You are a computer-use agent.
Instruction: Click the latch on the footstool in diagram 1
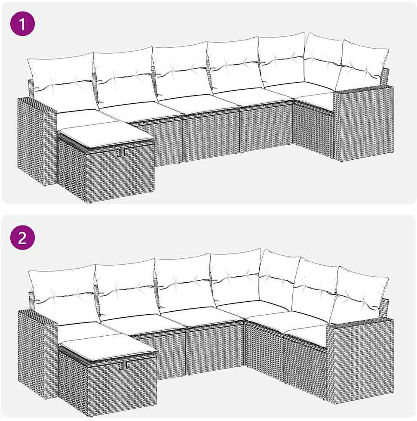(121, 152)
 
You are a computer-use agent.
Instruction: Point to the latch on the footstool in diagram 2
(123, 365)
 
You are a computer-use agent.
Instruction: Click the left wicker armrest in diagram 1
(37, 141)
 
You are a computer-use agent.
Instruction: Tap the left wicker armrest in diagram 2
(37, 354)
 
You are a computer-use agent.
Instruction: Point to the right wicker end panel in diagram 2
(360, 362)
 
